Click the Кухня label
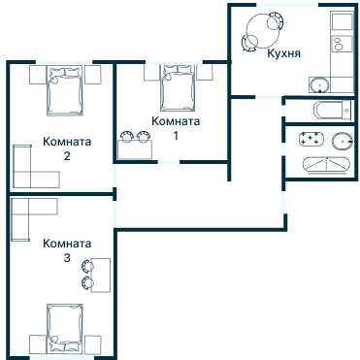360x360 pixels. coord(283,53)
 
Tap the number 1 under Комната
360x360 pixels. coord(176,136)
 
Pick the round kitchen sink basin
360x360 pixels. coord(319,85)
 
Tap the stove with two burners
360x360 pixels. coord(342,44)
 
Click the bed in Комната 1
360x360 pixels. coord(179,87)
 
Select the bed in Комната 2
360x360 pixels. coord(64,90)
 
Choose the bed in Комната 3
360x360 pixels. coord(65,328)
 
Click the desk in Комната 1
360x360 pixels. coord(135,149)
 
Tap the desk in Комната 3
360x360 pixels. coord(101,276)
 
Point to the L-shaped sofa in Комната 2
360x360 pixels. coord(22,180)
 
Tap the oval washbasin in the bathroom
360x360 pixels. coord(343,141)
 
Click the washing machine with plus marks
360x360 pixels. coord(311,139)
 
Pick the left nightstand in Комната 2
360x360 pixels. coord(37,75)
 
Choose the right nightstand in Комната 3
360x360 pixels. coord(93,344)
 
